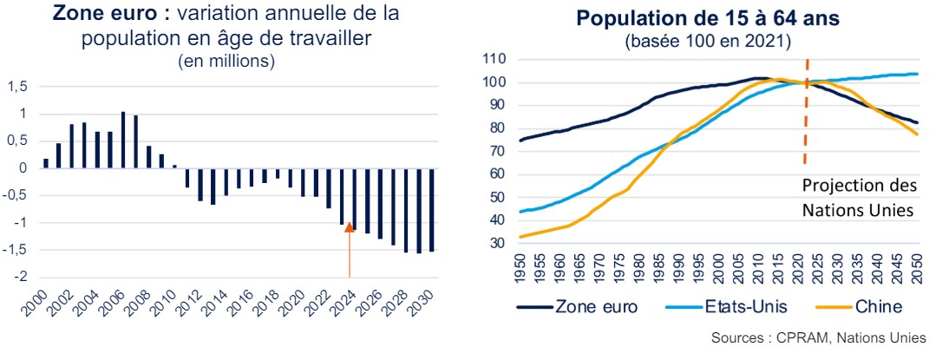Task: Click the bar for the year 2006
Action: [123, 140]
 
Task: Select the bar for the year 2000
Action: [46, 163]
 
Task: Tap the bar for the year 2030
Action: [431, 210]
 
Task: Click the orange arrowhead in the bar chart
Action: [349, 227]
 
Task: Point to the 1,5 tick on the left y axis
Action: [18, 87]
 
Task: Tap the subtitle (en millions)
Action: [226, 62]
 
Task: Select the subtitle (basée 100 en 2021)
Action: [702, 41]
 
